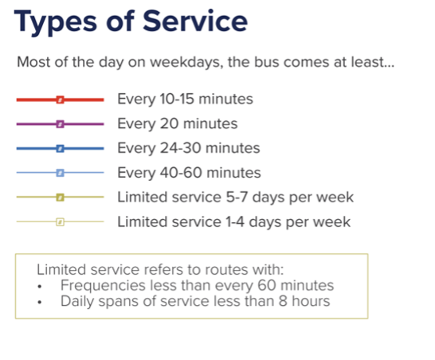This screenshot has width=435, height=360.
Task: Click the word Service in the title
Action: (195, 21)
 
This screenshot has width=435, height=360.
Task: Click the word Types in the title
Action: (56, 23)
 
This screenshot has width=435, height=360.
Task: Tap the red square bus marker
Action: (61, 100)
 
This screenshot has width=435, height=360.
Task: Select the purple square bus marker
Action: (61, 124)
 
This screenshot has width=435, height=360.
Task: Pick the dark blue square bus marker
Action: (61, 148)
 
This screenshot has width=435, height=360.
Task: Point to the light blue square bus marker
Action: (61, 173)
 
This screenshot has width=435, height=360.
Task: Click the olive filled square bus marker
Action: (61, 198)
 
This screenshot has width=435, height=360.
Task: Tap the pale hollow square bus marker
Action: (61, 222)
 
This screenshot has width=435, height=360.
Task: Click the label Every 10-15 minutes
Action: (185, 100)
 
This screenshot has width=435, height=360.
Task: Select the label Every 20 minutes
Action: (178, 123)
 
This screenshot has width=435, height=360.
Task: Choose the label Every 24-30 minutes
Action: (189, 148)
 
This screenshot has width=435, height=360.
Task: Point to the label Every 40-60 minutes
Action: (189, 173)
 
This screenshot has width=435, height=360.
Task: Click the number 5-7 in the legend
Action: (237, 198)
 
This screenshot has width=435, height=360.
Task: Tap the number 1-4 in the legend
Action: (235, 222)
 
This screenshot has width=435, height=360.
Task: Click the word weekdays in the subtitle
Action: (186, 62)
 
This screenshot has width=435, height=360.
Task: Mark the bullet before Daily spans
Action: (40, 302)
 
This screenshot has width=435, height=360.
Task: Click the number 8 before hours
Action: (283, 301)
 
